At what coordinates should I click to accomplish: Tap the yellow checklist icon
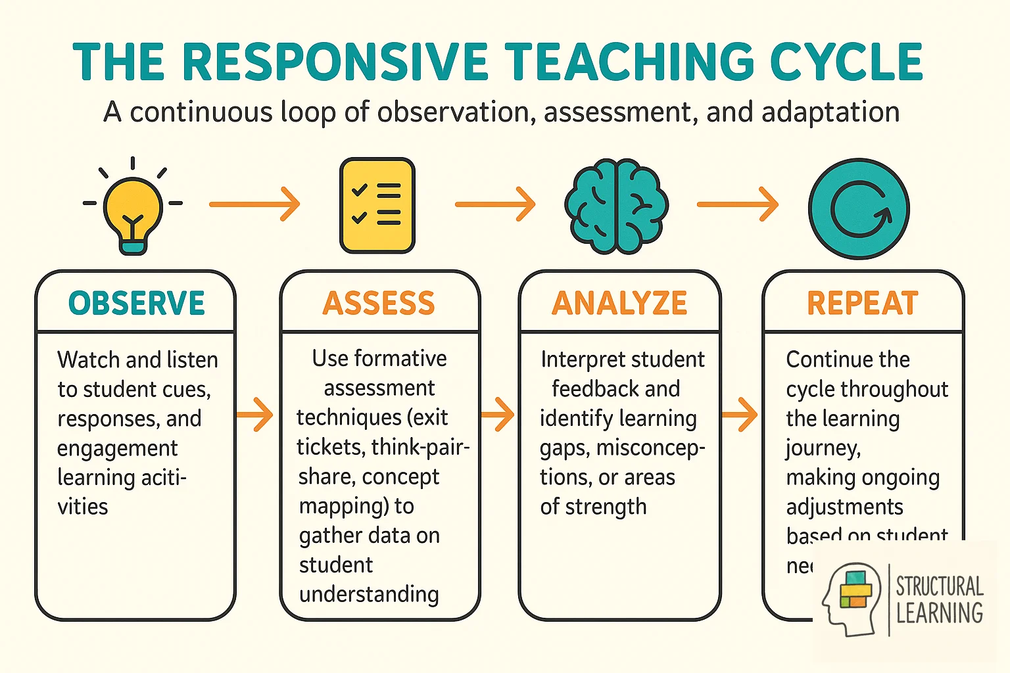(377, 205)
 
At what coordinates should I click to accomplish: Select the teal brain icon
(616, 206)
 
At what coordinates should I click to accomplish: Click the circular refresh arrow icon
(859, 208)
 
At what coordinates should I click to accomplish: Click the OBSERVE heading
(137, 303)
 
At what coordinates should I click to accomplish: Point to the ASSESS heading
(379, 303)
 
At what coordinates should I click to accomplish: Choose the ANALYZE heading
(619, 303)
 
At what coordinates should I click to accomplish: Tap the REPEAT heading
(862, 303)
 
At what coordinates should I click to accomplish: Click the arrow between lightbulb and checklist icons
(255, 204)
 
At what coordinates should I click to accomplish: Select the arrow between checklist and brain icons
(496, 204)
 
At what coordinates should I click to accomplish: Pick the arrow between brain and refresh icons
(738, 204)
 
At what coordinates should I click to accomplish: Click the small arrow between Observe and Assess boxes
(255, 415)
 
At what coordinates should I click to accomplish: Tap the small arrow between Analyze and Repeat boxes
(740, 415)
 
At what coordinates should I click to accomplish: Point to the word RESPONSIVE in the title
(335, 62)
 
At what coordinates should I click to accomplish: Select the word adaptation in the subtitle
(830, 112)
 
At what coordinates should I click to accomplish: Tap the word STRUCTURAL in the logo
(940, 586)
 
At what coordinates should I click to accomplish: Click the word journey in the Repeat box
(823, 448)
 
